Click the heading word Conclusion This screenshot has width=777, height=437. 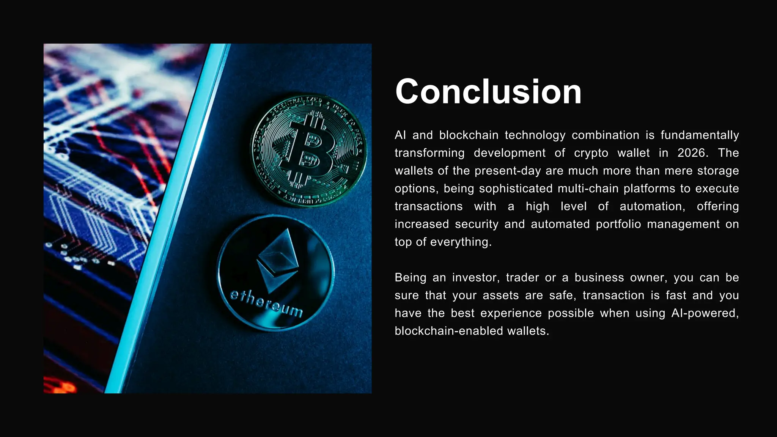coord(488,92)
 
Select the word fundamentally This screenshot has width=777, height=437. coord(700,135)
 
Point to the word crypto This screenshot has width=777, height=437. coord(591,153)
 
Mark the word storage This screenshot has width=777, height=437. coord(718,171)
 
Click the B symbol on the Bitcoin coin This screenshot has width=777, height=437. coord(309,151)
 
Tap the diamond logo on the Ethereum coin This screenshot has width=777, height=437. coord(277,260)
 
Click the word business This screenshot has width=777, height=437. coord(599,278)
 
